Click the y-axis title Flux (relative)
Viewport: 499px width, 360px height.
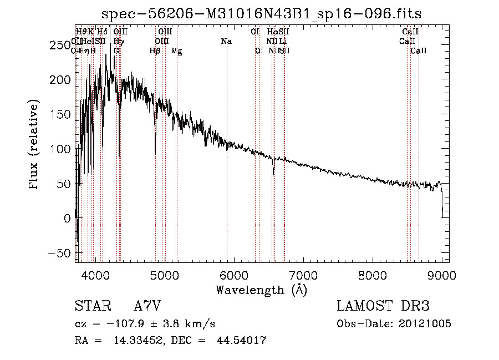[34, 144]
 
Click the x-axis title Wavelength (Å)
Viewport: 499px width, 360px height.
[261, 290]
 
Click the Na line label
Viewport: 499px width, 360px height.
[226, 42]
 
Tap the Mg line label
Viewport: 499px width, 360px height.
[177, 51]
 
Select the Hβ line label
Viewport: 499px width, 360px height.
[155, 51]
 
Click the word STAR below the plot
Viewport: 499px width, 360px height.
[92, 306]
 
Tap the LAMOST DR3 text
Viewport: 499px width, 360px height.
[383, 306]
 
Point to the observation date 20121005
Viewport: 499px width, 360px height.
[424, 324]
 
